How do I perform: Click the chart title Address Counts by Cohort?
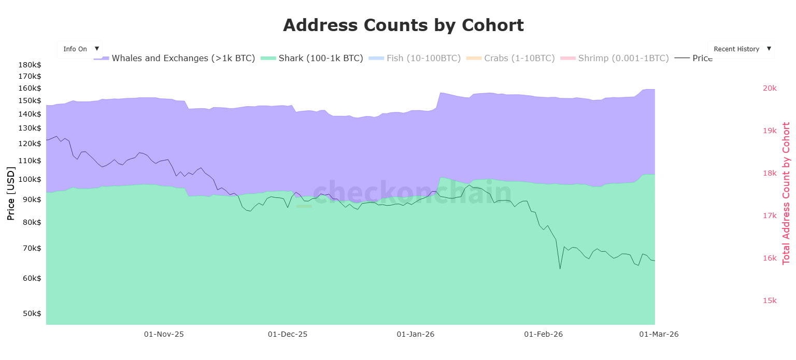click(403, 25)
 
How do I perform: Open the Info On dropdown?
click(80, 49)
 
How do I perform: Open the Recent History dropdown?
click(741, 49)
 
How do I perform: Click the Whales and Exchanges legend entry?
click(174, 58)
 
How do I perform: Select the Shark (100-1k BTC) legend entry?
click(311, 58)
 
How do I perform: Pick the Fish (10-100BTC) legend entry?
click(415, 58)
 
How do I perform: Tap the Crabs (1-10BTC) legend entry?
click(510, 58)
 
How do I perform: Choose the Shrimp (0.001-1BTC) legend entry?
click(615, 58)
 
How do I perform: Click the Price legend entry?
click(693, 58)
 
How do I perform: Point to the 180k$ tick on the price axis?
click(30, 65)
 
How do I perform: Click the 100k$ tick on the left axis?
click(30, 179)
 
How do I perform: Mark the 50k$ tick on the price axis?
click(32, 313)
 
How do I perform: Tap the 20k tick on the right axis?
click(770, 88)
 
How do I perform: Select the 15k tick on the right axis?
click(770, 300)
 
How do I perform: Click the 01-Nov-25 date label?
click(164, 334)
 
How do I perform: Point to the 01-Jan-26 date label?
click(416, 334)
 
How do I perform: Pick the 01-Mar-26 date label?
click(659, 334)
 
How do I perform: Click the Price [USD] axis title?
click(11, 194)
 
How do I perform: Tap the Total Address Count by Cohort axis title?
click(786, 194)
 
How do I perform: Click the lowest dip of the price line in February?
click(560, 269)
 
